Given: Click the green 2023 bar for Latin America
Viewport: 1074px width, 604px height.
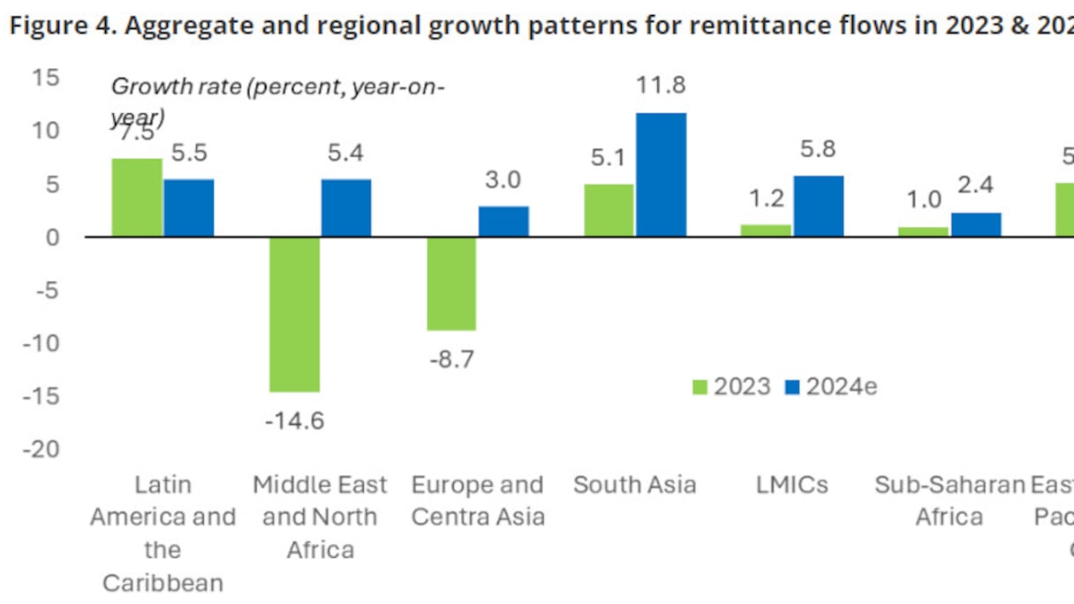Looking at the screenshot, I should (x=137, y=197).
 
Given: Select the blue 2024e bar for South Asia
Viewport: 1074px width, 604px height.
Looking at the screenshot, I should (x=661, y=175).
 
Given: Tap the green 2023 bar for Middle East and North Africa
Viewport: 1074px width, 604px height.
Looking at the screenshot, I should (x=294, y=313).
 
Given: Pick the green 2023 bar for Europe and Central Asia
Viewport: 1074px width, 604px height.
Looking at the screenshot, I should (x=451, y=283).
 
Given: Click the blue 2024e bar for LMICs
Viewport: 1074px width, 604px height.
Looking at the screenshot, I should (x=818, y=206).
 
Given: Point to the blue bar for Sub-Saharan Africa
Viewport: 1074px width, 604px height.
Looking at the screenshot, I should (x=976, y=224).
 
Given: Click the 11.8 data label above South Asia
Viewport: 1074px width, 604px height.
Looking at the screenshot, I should (x=661, y=87).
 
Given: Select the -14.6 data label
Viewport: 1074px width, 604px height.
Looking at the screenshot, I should (x=294, y=420).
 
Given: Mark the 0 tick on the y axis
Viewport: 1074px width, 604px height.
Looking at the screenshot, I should (x=53, y=237).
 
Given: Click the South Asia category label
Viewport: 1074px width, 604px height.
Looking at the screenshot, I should (x=634, y=485).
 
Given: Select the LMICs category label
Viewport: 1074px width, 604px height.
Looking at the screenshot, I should (x=792, y=485).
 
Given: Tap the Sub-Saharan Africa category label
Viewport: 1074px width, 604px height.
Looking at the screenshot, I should (x=949, y=500).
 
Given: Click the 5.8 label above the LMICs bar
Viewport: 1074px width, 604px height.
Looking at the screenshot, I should (x=818, y=149).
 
